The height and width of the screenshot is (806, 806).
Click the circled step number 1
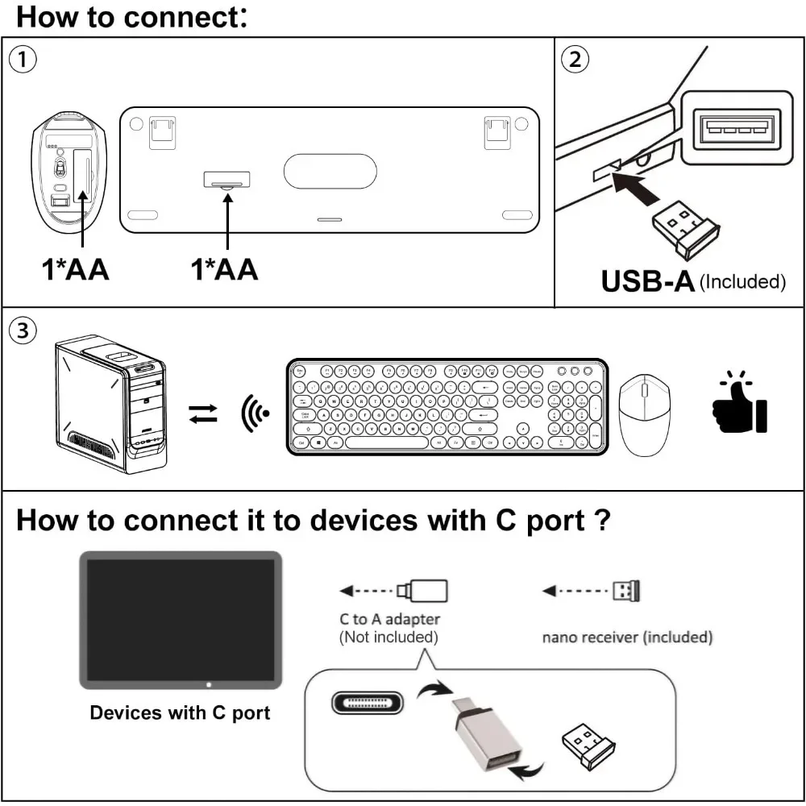pyautogui.click(x=24, y=60)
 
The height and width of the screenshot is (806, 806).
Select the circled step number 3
pyautogui.click(x=24, y=330)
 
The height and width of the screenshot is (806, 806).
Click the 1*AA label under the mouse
pyautogui.click(x=76, y=270)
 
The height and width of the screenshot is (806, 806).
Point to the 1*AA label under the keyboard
pyautogui.click(x=224, y=270)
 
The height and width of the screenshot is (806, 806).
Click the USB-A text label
pyautogui.click(x=648, y=280)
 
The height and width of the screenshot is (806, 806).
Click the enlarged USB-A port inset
pyautogui.click(x=732, y=127)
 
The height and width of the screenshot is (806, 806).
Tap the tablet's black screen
pyautogui.click(x=181, y=619)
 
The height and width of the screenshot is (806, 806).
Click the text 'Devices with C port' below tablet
pyautogui.click(x=180, y=713)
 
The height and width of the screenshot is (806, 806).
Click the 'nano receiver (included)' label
pyautogui.click(x=627, y=638)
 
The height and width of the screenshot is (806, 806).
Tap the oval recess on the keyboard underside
pyautogui.click(x=330, y=172)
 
